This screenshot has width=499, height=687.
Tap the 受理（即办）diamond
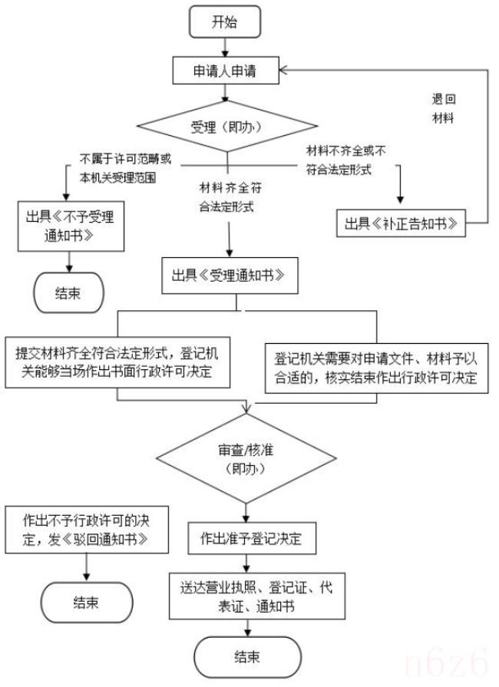pos(226,126)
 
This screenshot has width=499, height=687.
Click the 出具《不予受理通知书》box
pos(71,226)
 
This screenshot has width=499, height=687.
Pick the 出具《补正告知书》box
pos(402,224)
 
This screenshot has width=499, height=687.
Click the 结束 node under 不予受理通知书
pos(68,292)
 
